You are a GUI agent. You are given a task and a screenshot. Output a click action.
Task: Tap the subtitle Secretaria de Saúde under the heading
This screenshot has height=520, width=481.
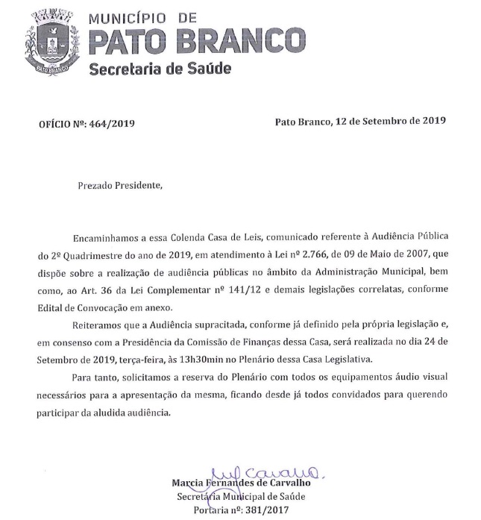point(159,69)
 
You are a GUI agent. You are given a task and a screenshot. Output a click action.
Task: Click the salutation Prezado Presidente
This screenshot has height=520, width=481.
point(119,184)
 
